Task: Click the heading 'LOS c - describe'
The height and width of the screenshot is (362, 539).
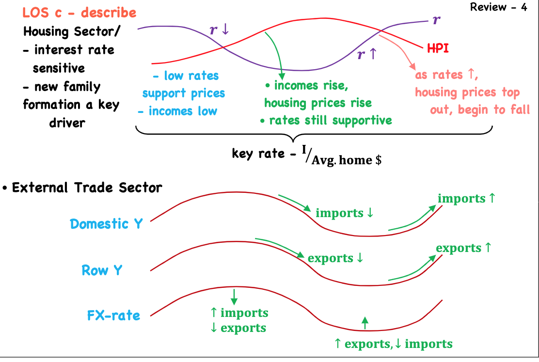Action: pos(79,12)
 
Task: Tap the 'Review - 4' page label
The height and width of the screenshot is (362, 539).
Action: pos(498,8)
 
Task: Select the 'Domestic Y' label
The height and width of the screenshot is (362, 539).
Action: pos(106,223)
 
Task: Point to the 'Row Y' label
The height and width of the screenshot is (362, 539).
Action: pos(102,270)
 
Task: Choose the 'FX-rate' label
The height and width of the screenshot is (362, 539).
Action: pos(113,315)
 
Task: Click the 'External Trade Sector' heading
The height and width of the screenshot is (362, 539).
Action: pos(87,188)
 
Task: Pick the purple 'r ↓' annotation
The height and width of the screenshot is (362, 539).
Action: pos(219,29)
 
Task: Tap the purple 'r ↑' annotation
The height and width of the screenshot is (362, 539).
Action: pos(366,54)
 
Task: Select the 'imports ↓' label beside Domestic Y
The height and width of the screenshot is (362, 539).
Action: pos(345,213)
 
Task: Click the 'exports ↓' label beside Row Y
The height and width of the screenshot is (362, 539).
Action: pos(335,258)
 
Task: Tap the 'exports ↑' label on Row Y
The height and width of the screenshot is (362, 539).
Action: pos(463,248)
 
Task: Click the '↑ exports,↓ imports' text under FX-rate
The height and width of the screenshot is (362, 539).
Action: pos(393,344)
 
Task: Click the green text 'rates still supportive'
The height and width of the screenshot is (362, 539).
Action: pos(330,120)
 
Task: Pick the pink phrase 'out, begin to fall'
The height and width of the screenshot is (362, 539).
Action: pos(480,110)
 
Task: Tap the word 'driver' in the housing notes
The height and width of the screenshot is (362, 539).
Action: pos(67,122)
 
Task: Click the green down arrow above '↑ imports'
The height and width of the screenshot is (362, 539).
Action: pos(234,296)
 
